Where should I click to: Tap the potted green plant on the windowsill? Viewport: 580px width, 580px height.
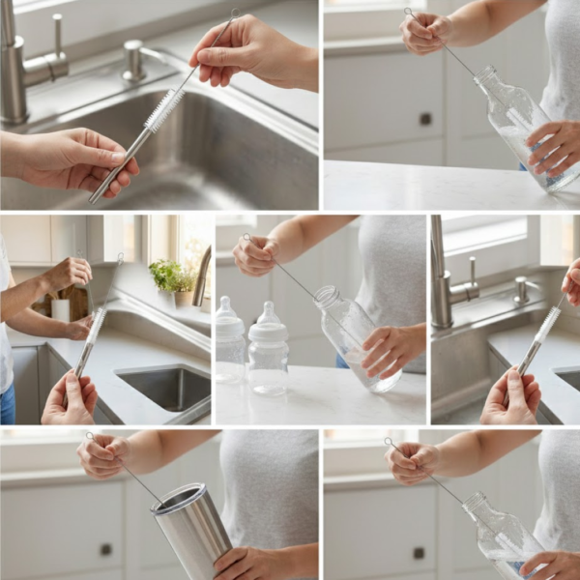coord(172,276)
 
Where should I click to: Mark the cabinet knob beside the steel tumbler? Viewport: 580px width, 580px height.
coord(105,549)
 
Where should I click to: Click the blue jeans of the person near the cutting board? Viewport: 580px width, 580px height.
coord(7,402)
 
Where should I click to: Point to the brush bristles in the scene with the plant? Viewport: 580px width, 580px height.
coord(95,325)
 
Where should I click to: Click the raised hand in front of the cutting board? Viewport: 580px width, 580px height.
coord(67,275)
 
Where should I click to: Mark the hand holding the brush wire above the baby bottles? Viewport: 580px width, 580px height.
coord(257,255)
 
